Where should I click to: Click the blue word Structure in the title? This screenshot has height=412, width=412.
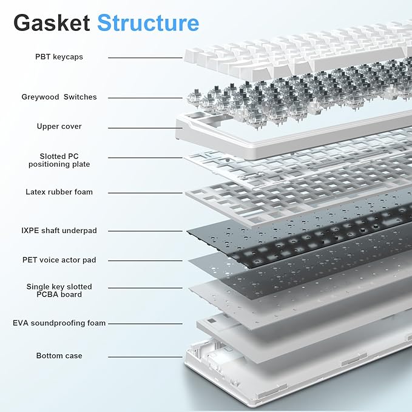click(148, 22)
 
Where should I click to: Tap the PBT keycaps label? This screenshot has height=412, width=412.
click(59, 57)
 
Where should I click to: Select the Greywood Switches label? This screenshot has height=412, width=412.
click(59, 97)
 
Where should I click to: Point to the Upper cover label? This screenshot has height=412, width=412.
click(59, 126)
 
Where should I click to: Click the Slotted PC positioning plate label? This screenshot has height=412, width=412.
click(59, 160)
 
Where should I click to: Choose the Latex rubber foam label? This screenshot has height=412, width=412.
click(59, 192)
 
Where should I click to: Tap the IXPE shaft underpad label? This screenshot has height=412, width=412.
click(59, 231)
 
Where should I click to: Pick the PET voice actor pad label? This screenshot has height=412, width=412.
click(59, 260)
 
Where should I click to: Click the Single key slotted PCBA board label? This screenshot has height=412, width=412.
click(59, 290)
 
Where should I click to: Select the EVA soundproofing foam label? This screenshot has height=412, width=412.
click(59, 323)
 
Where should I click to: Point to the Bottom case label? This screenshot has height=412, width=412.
click(59, 356)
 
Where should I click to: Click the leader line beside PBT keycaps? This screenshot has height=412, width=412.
click(146, 58)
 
